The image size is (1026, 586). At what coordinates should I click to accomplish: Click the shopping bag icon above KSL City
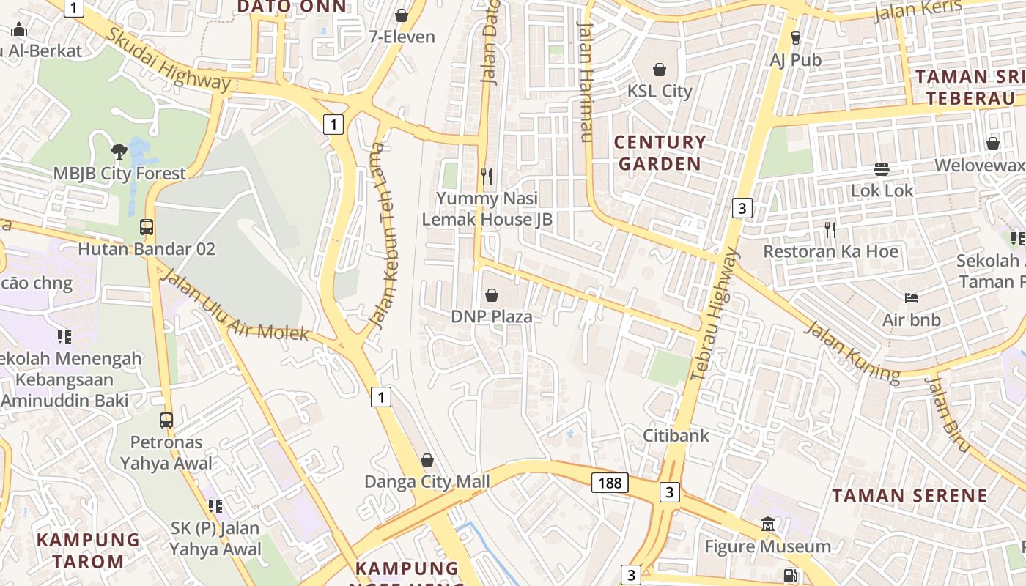click(x=660, y=70)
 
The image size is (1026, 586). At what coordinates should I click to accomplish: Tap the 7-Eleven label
click(x=402, y=37)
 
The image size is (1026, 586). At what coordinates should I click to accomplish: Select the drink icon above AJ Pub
click(x=795, y=37)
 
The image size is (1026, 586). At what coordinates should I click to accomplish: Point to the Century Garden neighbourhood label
click(x=660, y=152)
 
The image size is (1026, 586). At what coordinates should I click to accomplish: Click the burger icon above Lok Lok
click(x=882, y=168)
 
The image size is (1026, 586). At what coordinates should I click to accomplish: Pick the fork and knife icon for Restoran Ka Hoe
click(x=830, y=229)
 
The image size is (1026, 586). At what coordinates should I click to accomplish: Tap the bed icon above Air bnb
click(x=911, y=298)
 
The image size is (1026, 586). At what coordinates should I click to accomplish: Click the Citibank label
click(x=676, y=435)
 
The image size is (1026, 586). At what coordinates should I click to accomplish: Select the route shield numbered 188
click(x=609, y=482)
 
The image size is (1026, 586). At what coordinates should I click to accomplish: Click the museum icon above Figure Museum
click(x=768, y=524)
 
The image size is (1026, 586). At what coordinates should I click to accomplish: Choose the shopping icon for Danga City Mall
click(x=427, y=460)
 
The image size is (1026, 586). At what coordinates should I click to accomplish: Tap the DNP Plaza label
click(x=491, y=316)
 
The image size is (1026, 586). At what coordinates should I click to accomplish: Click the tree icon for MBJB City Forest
click(x=119, y=152)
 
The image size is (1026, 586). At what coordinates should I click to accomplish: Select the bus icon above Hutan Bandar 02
click(x=147, y=227)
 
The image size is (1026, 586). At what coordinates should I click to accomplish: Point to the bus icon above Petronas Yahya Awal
click(x=166, y=420)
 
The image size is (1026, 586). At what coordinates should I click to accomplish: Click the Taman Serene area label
click(x=909, y=495)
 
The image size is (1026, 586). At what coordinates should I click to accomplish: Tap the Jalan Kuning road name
click(x=852, y=352)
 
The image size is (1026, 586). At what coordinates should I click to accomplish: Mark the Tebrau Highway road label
click(x=715, y=315)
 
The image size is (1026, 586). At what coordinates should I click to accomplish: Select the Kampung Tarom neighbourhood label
click(x=89, y=551)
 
